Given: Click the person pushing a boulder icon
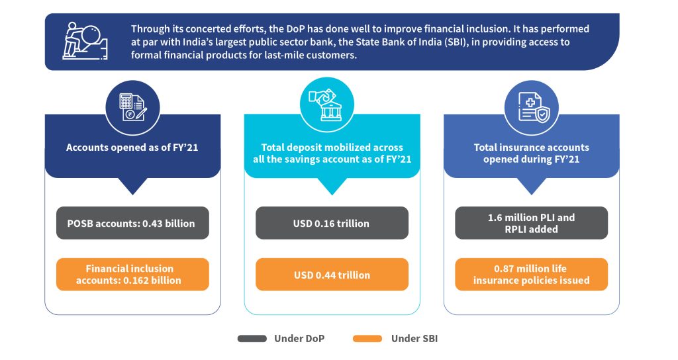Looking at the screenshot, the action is tap(85, 41).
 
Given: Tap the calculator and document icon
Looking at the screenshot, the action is tap(132, 107).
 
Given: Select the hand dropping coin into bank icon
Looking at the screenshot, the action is tap(327, 105).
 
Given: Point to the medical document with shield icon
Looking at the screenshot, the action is tap(534, 108).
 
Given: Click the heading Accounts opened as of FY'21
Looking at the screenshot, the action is tap(132, 148).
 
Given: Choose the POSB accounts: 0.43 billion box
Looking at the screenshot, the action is tap(132, 223).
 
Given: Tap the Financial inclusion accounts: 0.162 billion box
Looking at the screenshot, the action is tap(132, 275).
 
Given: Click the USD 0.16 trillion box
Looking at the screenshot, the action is tap(332, 223).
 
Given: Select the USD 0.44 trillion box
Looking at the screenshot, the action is tap(332, 275).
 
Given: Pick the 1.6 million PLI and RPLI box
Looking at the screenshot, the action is tap(532, 223).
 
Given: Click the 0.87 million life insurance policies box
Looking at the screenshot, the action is tap(532, 275).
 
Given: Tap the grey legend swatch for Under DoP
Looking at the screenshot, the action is tap(252, 339).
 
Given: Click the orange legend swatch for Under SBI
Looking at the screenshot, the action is tap(367, 339).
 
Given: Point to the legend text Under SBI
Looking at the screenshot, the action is tap(414, 339).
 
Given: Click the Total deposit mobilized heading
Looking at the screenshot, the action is tap(332, 154).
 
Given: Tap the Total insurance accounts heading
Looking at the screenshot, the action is tap(532, 154).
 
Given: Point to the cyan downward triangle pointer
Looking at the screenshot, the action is tap(332, 186).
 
